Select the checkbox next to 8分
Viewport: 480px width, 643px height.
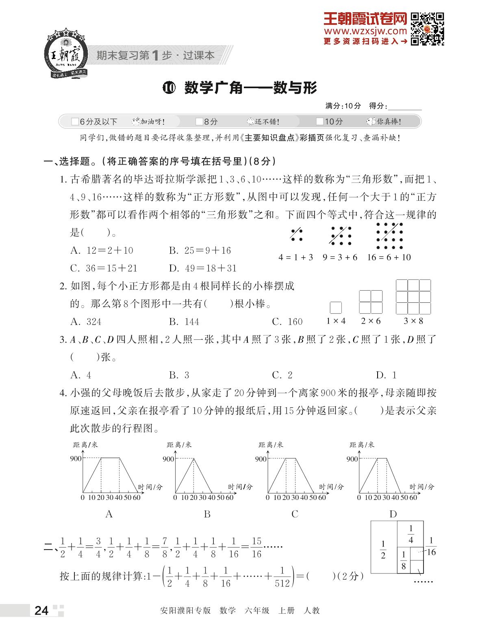[199, 122]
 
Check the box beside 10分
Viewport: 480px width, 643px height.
[320, 122]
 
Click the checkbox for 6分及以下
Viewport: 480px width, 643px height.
[75, 122]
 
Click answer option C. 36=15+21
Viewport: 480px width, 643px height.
[104, 268]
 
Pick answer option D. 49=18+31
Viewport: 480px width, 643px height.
[202, 268]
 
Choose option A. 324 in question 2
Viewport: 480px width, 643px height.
[86, 322]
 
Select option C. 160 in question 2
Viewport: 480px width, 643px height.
[287, 322]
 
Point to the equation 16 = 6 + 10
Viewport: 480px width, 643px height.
[389, 257]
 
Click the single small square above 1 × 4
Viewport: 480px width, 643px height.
[336, 308]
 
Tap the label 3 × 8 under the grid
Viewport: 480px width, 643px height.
[413, 321]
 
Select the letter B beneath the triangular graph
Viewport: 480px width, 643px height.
[207, 514]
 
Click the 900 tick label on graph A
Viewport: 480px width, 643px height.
[76, 458]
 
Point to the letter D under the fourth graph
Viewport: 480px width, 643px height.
[393, 514]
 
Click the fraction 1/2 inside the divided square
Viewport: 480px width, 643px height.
[383, 550]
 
